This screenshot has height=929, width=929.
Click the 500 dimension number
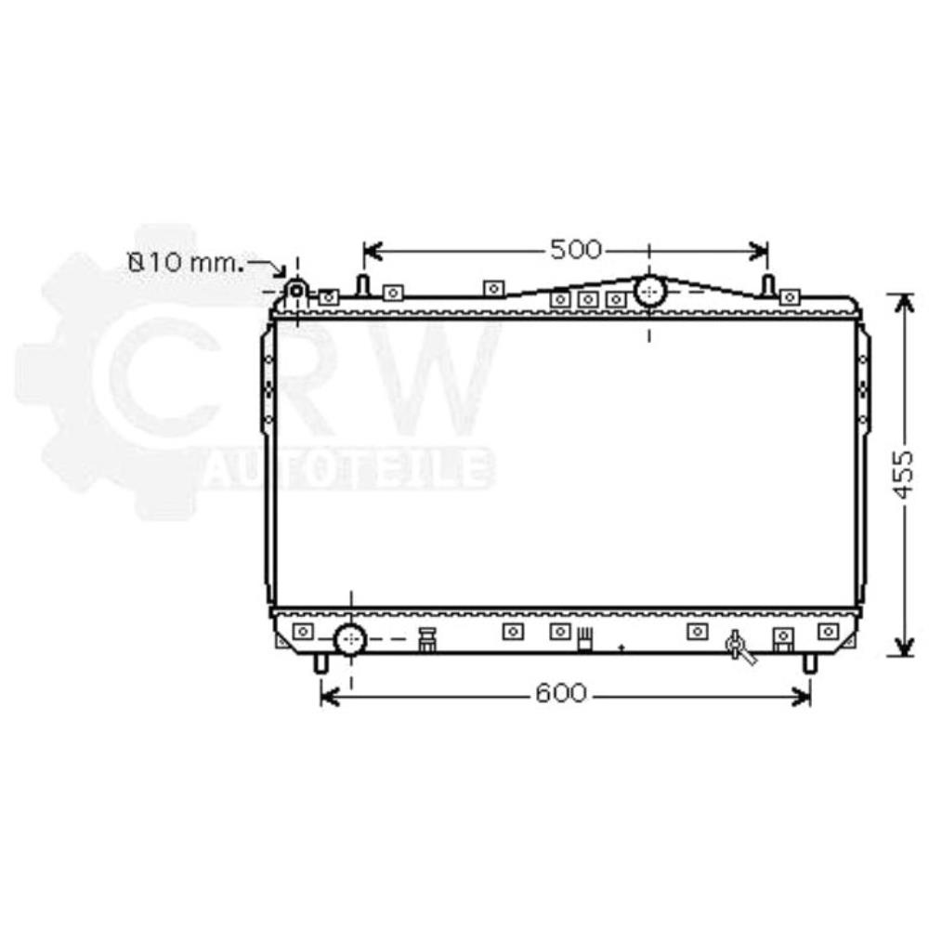(576, 250)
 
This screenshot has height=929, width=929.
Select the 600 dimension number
(561, 694)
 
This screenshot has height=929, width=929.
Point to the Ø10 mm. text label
(186, 263)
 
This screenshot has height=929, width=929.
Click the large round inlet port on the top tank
(649, 292)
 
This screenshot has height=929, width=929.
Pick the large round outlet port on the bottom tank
(350, 639)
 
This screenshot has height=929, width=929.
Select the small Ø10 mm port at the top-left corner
(296, 291)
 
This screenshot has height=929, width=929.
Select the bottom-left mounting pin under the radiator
(321, 662)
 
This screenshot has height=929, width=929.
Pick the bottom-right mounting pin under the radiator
(809, 662)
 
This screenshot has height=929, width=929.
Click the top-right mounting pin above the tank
(768, 284)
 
